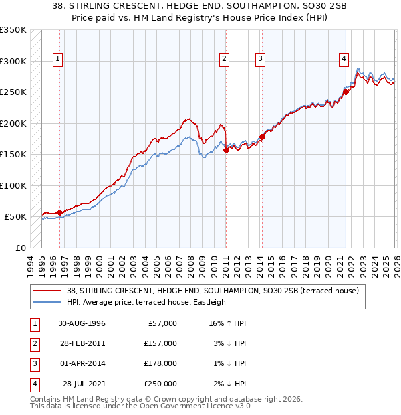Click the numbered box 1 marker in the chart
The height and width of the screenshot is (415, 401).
[x=59, y=59]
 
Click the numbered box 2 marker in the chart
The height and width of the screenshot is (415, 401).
[x=224, y=59]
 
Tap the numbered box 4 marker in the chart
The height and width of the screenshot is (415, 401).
[x=344, y=59]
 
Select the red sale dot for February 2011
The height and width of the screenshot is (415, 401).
[x=226, y=150]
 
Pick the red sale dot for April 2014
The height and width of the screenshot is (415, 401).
[x=263, y=137]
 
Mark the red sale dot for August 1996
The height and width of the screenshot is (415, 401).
[x=59, y=212]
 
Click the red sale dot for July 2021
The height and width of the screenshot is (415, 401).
[x=346, y=92]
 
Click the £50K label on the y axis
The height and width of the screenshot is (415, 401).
[x=15, y=217]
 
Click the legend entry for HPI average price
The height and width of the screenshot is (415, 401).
[x=146, y=302]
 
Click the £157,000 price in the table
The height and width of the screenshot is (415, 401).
[x=161, y=343]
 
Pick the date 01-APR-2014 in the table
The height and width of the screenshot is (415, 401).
[x=82, y=363]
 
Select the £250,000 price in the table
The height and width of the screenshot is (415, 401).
[x=161, y=384]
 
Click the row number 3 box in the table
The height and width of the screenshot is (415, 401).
[x=34, y=363]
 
